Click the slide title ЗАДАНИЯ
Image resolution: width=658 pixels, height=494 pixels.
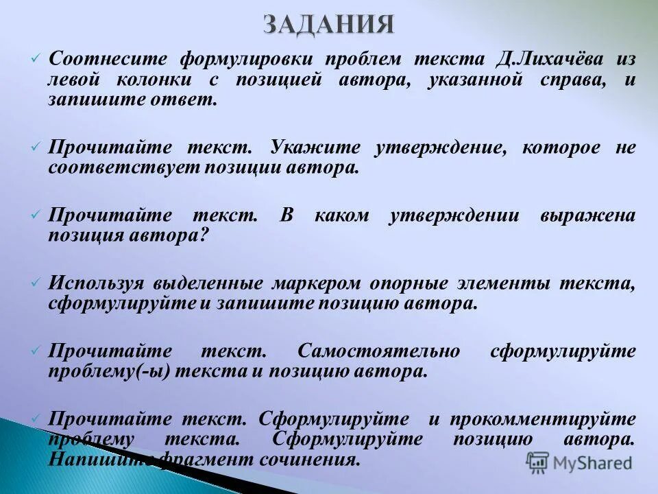329,25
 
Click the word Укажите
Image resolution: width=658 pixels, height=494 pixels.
313,148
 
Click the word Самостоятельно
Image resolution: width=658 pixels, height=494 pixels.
378,351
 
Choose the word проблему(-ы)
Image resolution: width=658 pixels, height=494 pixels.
109,371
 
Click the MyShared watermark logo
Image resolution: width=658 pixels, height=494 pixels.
578,462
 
